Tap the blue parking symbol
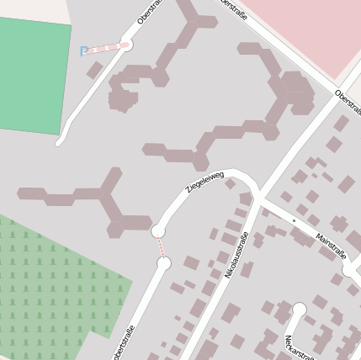pos(83,51)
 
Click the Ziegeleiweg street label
pos(204,183)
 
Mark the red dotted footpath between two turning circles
pos(160,246)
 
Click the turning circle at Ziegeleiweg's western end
pos(157,230)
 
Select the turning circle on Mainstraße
pos(349,271)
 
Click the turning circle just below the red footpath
pos(163,263)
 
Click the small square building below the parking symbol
pos(94,70)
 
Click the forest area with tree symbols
pos(50,286)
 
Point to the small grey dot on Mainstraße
pos(294,220)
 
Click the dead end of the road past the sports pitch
pos(59,144)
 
